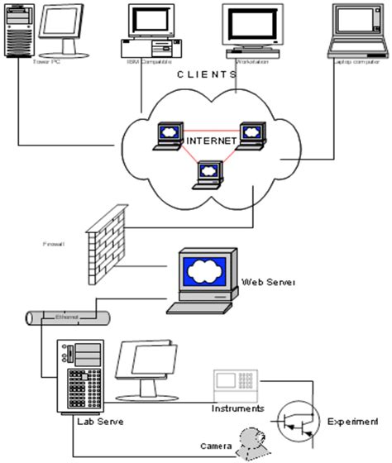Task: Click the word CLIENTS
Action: click(208, 74)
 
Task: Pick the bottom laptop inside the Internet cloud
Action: click(208, 172)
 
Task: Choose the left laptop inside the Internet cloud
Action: click(169, 134)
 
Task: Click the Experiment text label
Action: click(355, 422)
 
